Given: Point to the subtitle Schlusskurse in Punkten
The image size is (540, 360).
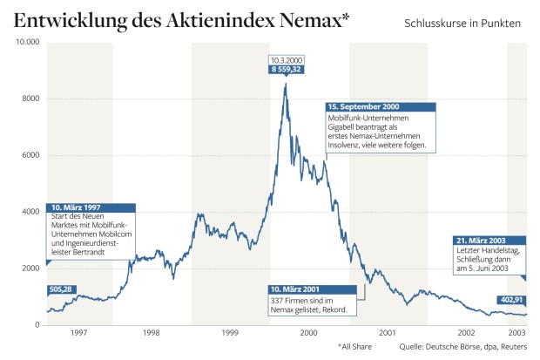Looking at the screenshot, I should (462, 23).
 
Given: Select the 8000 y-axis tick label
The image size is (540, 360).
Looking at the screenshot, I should (31, 98).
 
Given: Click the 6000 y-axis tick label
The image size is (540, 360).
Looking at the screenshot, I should (31, 155).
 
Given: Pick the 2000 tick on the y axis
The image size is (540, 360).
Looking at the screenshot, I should (31, 268).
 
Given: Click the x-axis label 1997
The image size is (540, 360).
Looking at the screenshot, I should (78, 333).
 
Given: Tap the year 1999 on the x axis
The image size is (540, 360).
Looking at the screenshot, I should (231, 333).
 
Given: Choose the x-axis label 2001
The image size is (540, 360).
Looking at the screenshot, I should (388, 333).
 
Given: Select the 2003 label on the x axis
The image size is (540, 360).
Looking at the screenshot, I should (516, 333).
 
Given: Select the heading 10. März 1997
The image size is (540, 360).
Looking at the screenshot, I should (79, 207).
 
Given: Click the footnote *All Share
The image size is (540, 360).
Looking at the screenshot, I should (355, 348).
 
